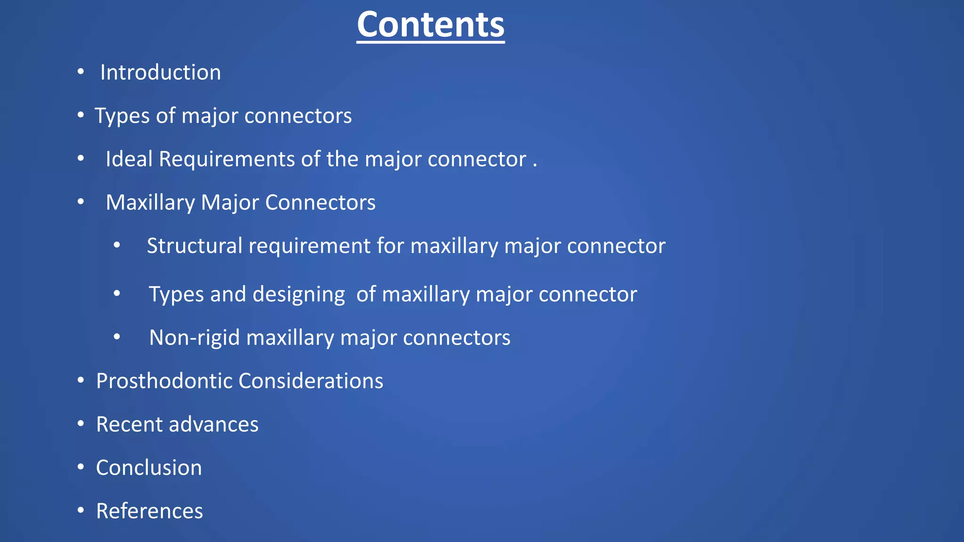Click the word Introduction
pos(161,72)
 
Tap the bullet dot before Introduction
pos(81,72)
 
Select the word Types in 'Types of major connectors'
pos(121,116)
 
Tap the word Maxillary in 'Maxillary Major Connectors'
pos(150,203)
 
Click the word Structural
pos(194,246)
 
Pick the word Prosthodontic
pos(164,381)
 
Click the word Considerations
pos(311,381)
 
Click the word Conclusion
pos(149,468)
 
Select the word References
pos(149,511)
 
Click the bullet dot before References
pos(81,510)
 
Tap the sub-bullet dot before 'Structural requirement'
pos(117,245)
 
